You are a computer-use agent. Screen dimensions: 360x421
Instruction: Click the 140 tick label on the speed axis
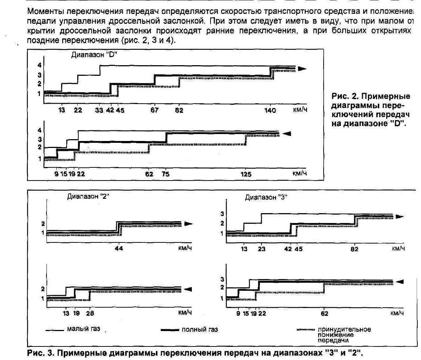pyautogui.click(x=270, y=111)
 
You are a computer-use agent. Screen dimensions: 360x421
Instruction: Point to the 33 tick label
pyautogui.click(x=99, y=111)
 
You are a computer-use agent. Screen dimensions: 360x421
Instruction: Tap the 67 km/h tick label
pyautogui.click(x=155, y=111)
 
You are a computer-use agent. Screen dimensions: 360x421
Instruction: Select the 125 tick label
pyautogui.click(x=246, y=174)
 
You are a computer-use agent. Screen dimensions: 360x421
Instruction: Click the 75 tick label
pyautogui.click(x=165, y=174)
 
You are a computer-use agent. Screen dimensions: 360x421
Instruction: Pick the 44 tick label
pyautogui.click(x=119, y=248)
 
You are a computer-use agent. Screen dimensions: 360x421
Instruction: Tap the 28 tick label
pyautogui.click(x=90, y=313)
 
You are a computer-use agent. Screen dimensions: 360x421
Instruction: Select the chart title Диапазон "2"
pyautogui.click(x=88, y=196)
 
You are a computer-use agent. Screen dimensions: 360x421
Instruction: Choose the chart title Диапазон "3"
pyautogui.click(x=266, y=197)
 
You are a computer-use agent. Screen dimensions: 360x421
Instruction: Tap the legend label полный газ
pyautogui.click(x=200, y=330)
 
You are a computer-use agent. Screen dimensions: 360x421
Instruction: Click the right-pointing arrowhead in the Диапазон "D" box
pyautogui.click(x=301, y=68)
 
